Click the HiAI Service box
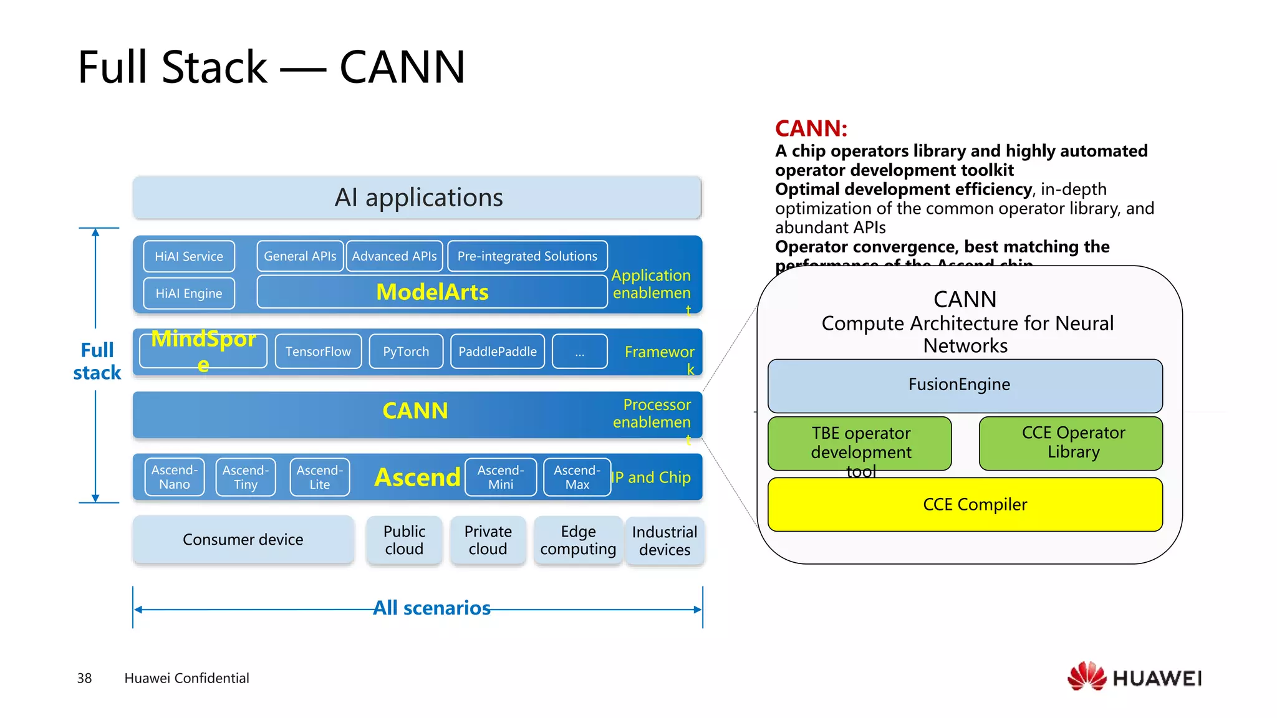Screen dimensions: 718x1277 point(189,256)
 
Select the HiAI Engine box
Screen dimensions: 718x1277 point(189,293)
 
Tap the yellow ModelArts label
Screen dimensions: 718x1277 point(432,292)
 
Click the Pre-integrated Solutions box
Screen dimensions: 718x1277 point(527,256)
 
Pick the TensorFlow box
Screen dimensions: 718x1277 point(318,352)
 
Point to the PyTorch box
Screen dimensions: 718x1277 point(406,352)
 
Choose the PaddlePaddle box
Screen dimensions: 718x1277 point(497,352)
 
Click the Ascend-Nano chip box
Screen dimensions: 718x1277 point(175,477)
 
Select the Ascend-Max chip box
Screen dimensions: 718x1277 point(577,477)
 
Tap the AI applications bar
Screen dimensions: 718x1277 point(417,198)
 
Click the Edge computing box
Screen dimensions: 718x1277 point(578,540)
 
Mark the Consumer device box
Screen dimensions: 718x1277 point(243,540)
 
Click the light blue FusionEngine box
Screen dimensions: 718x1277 point(965,385)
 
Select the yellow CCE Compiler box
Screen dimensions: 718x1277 point(965,504)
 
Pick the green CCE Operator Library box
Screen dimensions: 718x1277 point(1071,443)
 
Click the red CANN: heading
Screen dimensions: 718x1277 point(811,128)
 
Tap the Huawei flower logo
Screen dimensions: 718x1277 point(1086,676)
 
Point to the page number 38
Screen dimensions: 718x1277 point(84,678)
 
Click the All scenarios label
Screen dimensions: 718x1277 point(431,608)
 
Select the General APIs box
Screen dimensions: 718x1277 point(300,256)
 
